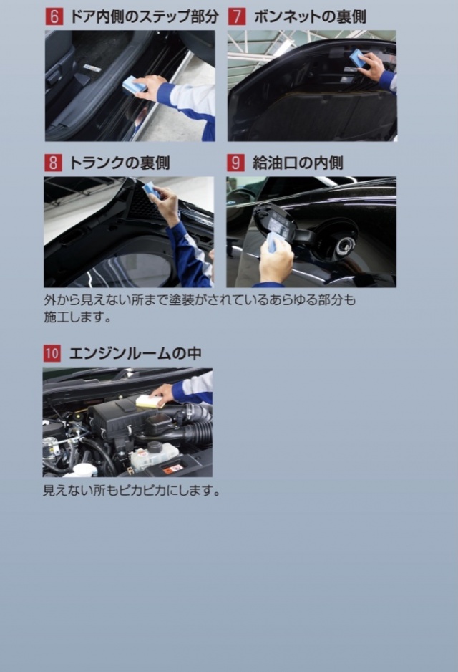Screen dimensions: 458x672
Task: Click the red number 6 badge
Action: (x=54, y=16)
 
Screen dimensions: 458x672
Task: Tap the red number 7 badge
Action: (x=237, y=16)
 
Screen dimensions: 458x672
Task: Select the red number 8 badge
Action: (x=53, y=163)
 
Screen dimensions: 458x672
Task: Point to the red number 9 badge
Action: (x=235, y=163)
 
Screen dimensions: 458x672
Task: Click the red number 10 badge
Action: (x=52, y=354)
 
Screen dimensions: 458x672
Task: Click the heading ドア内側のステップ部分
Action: (x=144, y=16)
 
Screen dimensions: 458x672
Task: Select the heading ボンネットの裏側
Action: (x=310, y=16)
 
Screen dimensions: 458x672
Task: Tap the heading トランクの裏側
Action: (x=120, y=163)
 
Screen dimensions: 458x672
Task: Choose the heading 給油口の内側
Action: (x=298, y=163)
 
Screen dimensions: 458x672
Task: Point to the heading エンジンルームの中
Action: (x=135, y=354)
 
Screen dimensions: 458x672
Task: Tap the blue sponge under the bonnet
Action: (x=358, y=58)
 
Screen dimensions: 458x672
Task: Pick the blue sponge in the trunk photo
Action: (x=152, y=189)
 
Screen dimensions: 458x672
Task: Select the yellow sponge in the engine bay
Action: (x=150, y=400)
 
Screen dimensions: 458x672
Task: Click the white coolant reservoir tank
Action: (x=154, y=455)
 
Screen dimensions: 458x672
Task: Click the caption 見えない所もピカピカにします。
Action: (x=132, y=490)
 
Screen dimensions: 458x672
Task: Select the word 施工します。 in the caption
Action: (x=77, y=317)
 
